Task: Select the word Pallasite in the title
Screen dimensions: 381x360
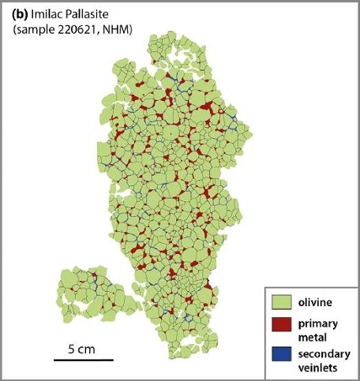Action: click(98, 15)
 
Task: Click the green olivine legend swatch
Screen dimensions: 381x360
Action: click(280, 302)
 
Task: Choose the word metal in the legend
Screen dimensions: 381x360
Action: click(313, 337)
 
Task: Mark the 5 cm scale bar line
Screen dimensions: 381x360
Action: click(84, 360)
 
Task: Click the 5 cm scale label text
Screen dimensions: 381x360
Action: click(83, 348)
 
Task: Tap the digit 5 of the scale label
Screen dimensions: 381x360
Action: click(71, 348)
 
